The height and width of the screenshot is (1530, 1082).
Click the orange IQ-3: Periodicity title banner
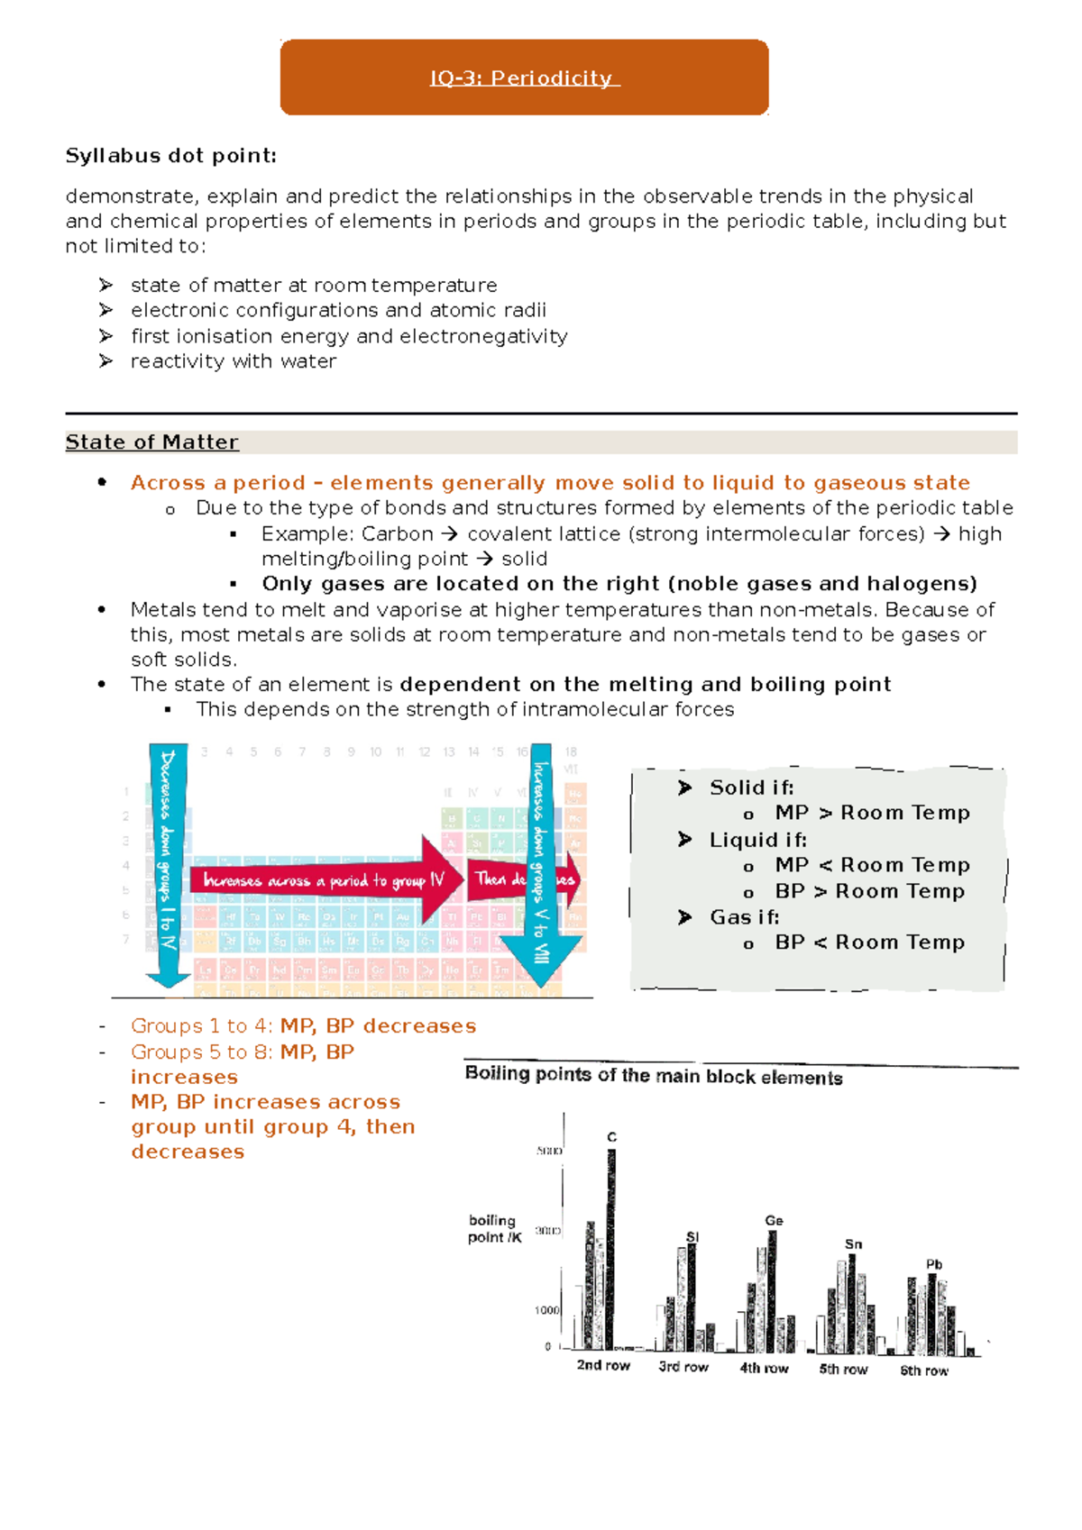pyautogui.click(x=524, y=77)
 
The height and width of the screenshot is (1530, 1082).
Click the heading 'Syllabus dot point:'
pyautogui.click(x=170, y=156)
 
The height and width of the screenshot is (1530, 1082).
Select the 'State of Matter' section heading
pyautogui.click(x=151, y=442)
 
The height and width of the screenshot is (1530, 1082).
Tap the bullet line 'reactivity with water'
pyautogui.click(x=233, y=361)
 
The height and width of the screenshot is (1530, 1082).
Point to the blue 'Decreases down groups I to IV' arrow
pyautogui.click(x=168, y=865)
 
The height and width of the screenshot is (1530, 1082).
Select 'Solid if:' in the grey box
pyautogui.click(x=751, y=788)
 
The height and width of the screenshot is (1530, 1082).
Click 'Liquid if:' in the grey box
pyautogui.click(x=757, y=840)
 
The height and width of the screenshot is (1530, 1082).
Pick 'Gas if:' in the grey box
pyautogui.click(x=744, y=917)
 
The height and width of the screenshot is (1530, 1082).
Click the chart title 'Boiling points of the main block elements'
pyautogui.click(x=654, y=1076)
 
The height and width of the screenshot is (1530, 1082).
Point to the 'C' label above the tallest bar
pyautogui.click(x=612, y=1137)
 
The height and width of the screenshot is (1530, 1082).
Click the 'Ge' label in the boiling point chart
pyautogui.click(x=774, y=1220)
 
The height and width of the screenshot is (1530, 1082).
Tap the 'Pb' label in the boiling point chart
pyautogui.click(x=934, y=1264)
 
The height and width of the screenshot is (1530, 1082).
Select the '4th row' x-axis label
pyautogui.click(x=764, y=1368)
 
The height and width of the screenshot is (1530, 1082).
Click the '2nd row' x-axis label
pyautogui.click(x=603, y=1365)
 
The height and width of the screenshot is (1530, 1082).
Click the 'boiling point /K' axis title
pyautogui.click(x=494, y=1228)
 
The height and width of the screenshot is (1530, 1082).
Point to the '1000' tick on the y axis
pyautogui.click(x=547, y=1310)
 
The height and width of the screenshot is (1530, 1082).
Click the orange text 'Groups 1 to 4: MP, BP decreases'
pyautogui.click(x=303, y=1026)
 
